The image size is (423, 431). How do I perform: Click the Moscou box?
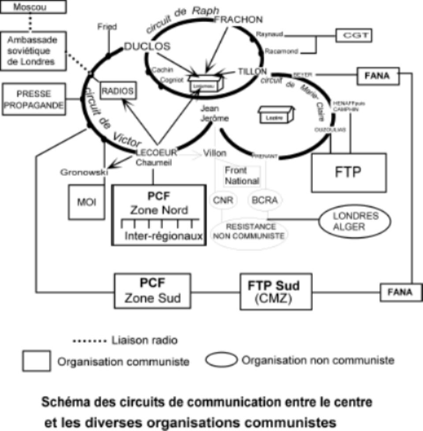(x=33, y=7)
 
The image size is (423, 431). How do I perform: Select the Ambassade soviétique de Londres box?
(x=33, y=51)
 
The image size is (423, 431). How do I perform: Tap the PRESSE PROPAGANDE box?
(x=33, y=100)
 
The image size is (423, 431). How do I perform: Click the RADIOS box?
(x=118, y=91)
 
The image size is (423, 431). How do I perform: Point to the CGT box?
(x=353, y=35)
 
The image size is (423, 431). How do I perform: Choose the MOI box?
(x=85, y=202)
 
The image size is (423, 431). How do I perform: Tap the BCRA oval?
(x=264, y=199)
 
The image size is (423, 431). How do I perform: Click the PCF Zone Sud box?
(x=152, y=291)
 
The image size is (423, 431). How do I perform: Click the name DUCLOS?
(x=147, y=46)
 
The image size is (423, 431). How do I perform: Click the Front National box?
(x=241, y=176)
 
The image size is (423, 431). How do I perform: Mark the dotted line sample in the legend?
(x=89, y=341)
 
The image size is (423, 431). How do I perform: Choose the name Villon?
(x=215, y=154)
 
